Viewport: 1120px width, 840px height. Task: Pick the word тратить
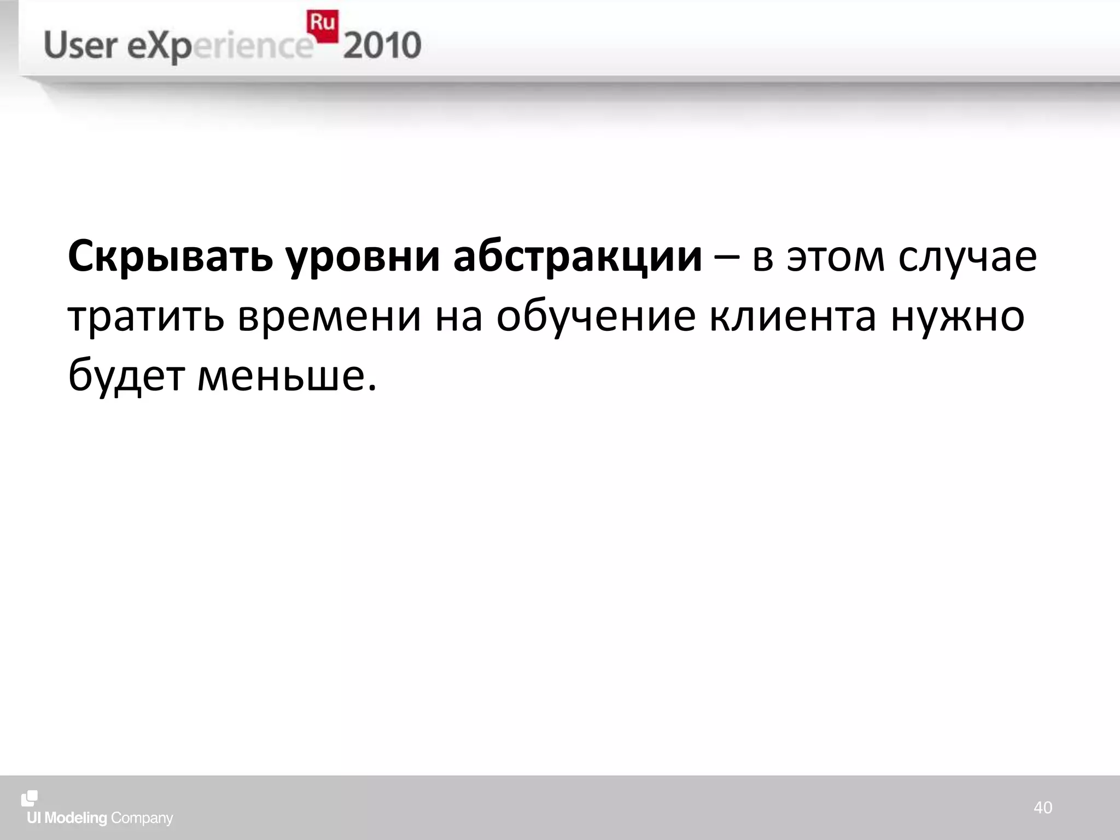click(x=145, y=317)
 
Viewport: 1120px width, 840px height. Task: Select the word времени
click(x=329, y=317)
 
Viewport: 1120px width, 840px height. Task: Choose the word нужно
click(x=958, y=317)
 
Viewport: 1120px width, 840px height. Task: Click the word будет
click(x=126, y=376)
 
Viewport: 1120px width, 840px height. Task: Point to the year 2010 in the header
click(x=382, y=46)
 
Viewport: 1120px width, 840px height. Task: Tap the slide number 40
click(x=1042, y=808)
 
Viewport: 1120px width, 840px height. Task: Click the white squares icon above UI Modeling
click(x=30, y=798)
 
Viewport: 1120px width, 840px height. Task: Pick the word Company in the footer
click(x=142, y=818)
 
